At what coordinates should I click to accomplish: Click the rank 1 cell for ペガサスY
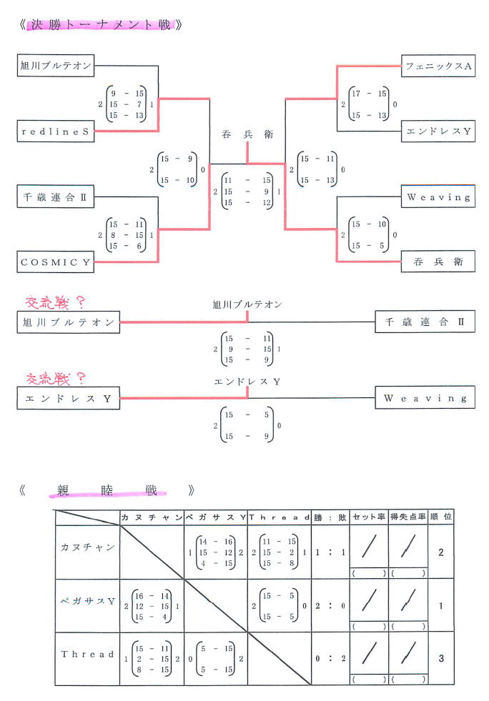440,605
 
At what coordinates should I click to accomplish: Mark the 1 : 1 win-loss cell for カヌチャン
330,552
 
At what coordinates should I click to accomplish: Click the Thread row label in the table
87,654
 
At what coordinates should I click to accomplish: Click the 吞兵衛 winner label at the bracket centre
247,134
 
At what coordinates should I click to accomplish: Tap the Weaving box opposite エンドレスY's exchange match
425,397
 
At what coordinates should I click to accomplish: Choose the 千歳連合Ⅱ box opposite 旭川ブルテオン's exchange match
425,322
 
